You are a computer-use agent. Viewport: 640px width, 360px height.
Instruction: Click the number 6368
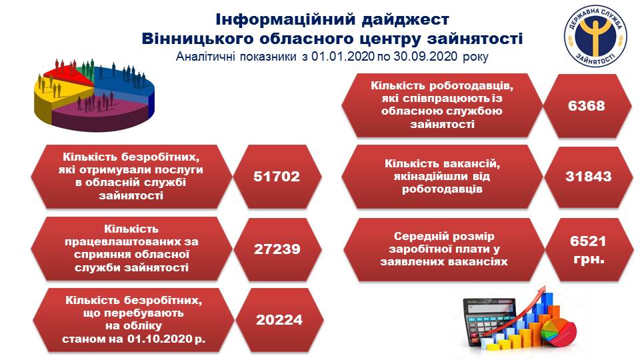click(x=586, y=106)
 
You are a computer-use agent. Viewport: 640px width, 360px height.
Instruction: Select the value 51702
click(x=276, y=176)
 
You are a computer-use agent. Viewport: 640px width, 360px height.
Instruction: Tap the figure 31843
click(x=588, y=176)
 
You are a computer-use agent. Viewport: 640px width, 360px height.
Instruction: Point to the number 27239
click(x=277, y=249)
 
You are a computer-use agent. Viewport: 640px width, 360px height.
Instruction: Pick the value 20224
click(x=279, y=320)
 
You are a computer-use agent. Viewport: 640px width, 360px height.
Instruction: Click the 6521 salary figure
click(x=588, y=241)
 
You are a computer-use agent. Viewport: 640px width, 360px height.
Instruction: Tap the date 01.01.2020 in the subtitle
click(x=343, y=56)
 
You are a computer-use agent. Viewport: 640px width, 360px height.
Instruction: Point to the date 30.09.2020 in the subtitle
click(x=425, y=56)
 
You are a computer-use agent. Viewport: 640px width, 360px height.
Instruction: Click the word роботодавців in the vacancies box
click(x=442, y=189)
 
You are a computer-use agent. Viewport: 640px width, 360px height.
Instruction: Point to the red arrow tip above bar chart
click(x=543, y=289)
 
